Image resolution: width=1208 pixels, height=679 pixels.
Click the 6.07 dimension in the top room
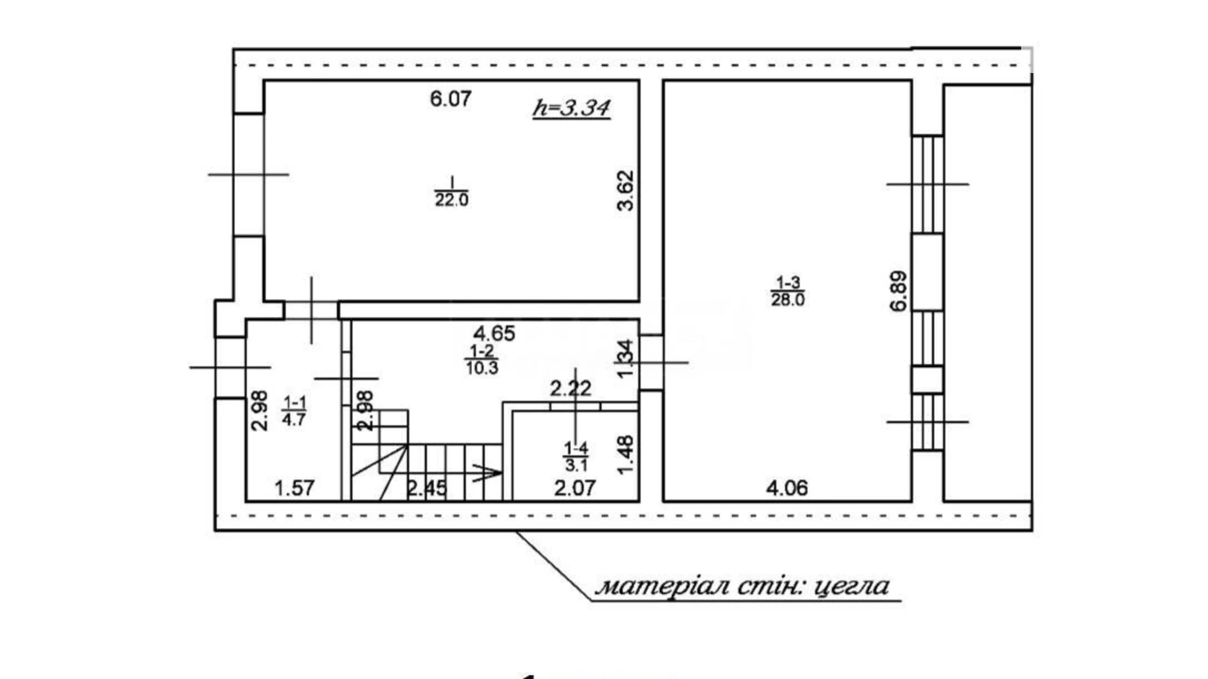[451, 99]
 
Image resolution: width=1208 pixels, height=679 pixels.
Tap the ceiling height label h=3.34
[571, 108]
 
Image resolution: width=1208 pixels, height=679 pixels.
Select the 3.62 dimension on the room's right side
[626, 190]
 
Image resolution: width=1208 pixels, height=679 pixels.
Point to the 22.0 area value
[451, 200]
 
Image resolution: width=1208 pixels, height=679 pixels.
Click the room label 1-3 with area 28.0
[788, 291]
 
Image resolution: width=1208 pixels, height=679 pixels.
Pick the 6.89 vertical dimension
[899, 291]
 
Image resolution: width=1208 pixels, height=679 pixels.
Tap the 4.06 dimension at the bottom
[787, 488]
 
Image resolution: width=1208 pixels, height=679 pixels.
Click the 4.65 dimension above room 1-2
[494, 334]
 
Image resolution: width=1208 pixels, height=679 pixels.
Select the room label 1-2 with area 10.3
[482, 360]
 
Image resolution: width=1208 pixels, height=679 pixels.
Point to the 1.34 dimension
[626, 358]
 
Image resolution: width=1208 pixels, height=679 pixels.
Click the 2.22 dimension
[571, 389]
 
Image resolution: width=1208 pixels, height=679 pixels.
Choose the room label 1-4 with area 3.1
[576, 456]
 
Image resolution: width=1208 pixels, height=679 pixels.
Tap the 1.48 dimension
[626, 455]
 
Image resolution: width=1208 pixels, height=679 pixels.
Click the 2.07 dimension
[575, 488]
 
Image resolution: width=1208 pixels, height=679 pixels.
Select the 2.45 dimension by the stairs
[427, 488]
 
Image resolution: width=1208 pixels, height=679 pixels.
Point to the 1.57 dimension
[294, 488]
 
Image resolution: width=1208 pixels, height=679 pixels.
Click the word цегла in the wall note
[853, 586]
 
